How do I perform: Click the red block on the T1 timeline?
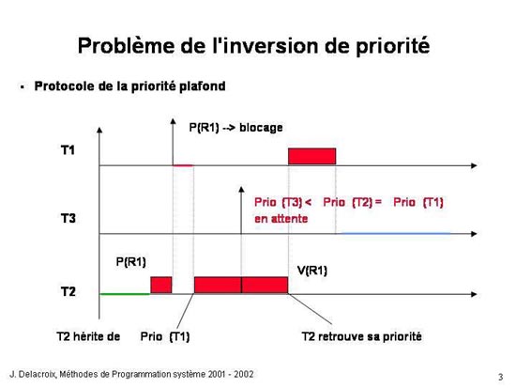[312, 156]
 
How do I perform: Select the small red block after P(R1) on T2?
[161, 285]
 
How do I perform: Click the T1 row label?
[68, 150]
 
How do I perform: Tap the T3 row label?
[68, 218]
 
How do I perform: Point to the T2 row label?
[68, 291]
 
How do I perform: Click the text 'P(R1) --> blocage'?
[235, 128]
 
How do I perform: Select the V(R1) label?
[312, 271]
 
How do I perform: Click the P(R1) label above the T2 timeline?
[131, 262]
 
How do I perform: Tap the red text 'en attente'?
[281, 219]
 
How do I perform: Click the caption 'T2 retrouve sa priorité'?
[361, 336]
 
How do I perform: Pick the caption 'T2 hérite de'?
[88, 336]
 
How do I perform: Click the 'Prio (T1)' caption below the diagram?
[165, 336]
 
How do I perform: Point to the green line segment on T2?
[125, 294]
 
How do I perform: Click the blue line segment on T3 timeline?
[395, 233]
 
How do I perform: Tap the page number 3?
[501, 377]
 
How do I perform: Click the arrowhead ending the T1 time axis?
[474, 165]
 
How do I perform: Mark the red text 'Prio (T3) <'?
[282, 202]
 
